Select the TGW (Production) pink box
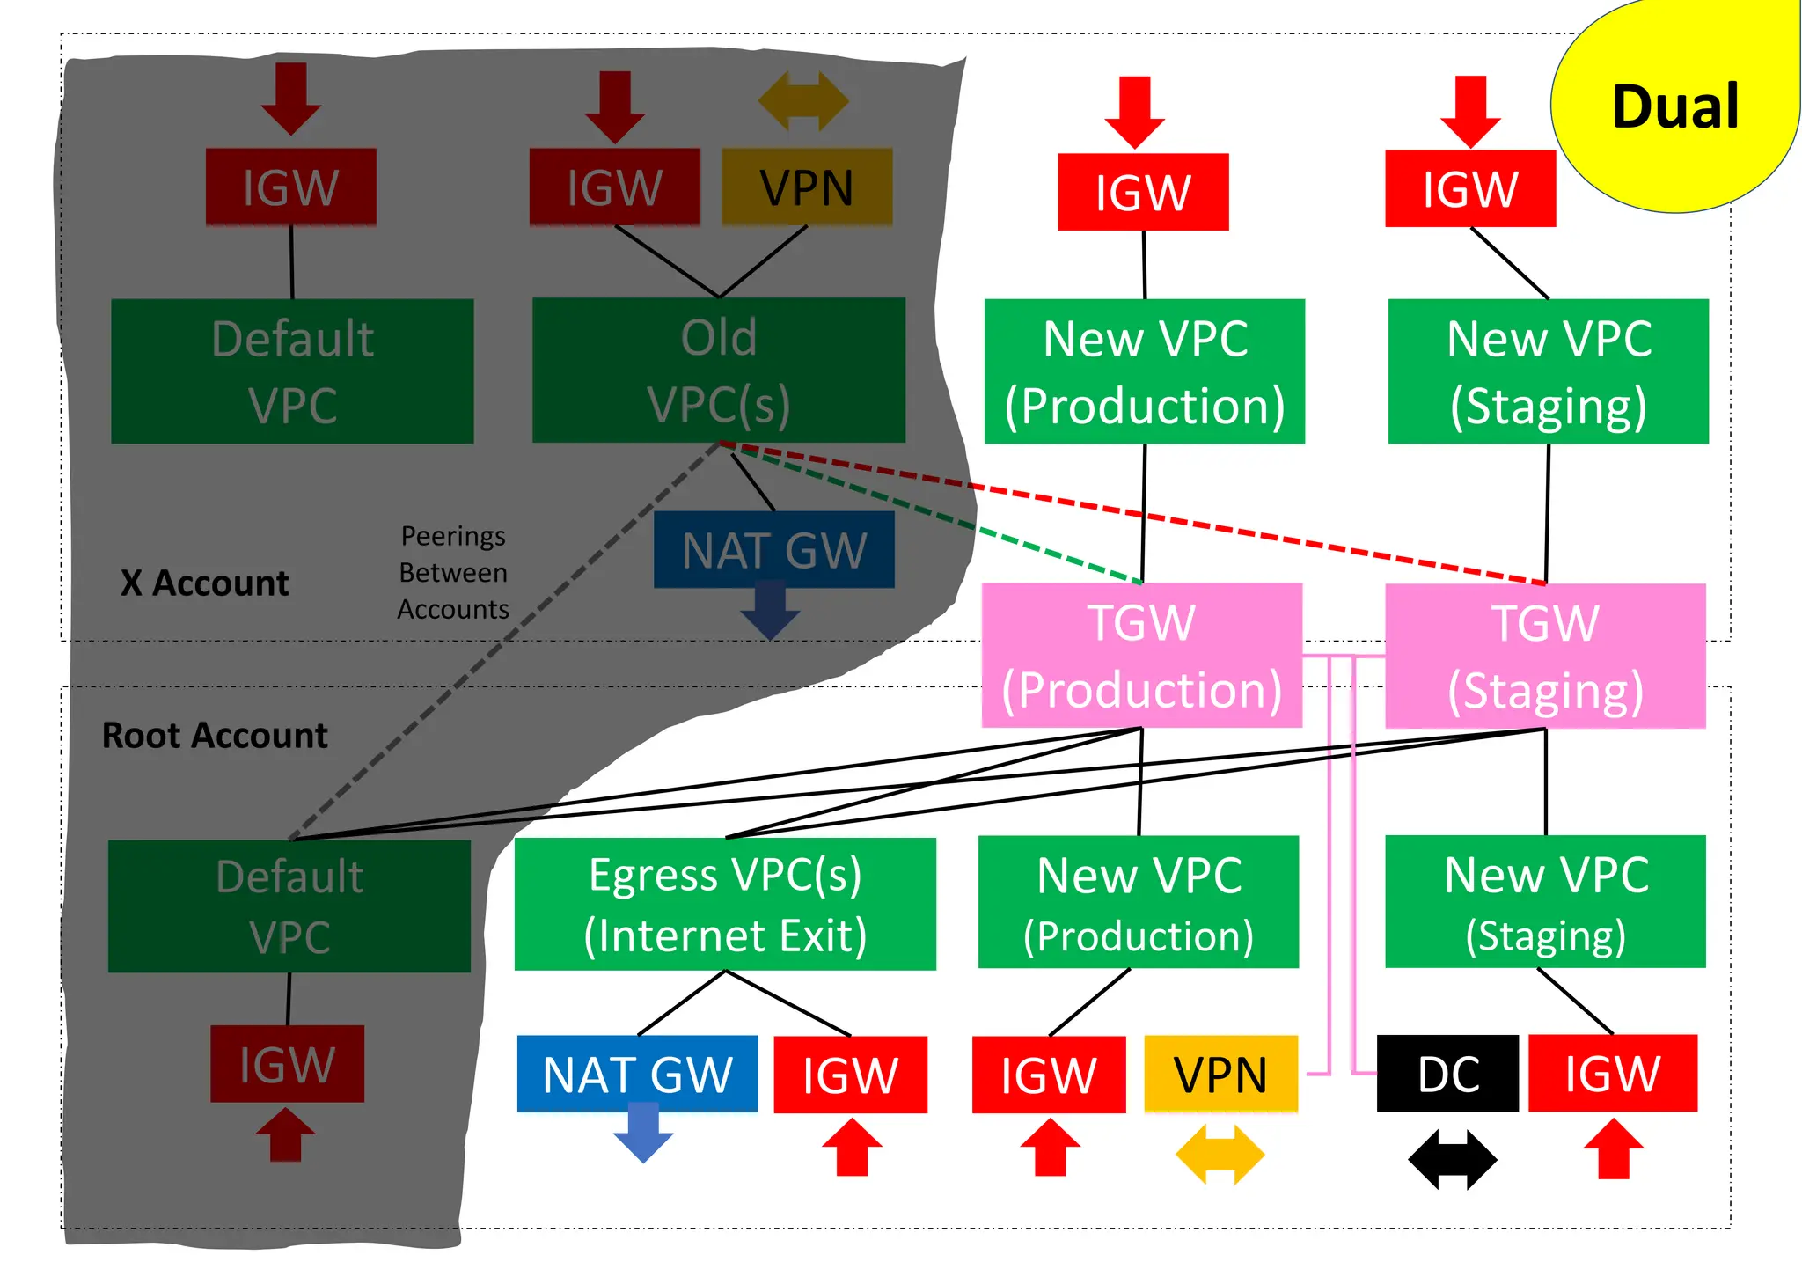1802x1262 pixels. [x=1141, y=656]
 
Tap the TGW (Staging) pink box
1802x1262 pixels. [x=1545, y=656]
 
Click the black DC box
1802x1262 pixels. [x=1447, y=1074]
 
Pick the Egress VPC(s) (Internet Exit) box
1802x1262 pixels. [x=725, y=904]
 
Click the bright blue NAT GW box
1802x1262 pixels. [x=637, y=1074]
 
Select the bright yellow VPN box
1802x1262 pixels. [x=1220, y=1074]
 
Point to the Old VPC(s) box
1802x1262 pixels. [x=718, y=371]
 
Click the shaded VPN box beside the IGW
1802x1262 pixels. [x=807, y=187]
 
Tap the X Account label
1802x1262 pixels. [x=205, y=583]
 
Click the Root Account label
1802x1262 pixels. [x=215, y=735]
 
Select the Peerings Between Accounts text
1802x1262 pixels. [x=453, y=572]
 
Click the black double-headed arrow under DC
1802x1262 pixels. [x=1452, y=1159]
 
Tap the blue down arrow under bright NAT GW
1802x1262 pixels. [x=643, y=1135]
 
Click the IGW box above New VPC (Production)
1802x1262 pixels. [x=1143, y=192]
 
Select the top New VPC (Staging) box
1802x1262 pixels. [x=1548, y=371]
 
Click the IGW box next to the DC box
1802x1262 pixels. [x=1612, y=1074]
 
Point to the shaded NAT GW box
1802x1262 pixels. [x=773, y=550]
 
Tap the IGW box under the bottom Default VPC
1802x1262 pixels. [x=287, y=1063]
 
